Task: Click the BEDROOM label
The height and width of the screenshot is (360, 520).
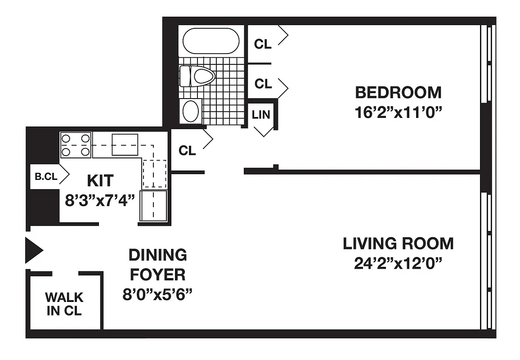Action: (398, 92)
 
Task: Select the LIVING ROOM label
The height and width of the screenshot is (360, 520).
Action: (398, 243)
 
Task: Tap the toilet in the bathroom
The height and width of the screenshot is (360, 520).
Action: (197, 76)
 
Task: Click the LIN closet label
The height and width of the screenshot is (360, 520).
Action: (261, 114)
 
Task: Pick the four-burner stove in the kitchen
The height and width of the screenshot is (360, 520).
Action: (76, 145)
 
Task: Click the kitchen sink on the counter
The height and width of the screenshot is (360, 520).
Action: (125, 144)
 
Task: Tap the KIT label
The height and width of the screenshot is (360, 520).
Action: (100, 181)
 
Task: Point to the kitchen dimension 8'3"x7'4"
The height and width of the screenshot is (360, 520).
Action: (100, 200)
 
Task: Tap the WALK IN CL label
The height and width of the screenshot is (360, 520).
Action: (64, 304)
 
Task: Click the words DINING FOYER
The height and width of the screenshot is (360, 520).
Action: (157, 264)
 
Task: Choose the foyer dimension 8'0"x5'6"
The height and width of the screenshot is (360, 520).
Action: (157, 294)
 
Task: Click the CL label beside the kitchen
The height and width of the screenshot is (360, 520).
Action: (187, 151)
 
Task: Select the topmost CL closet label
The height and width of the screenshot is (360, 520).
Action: (263, 44)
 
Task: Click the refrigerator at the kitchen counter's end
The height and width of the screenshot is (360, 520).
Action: (154, 205)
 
